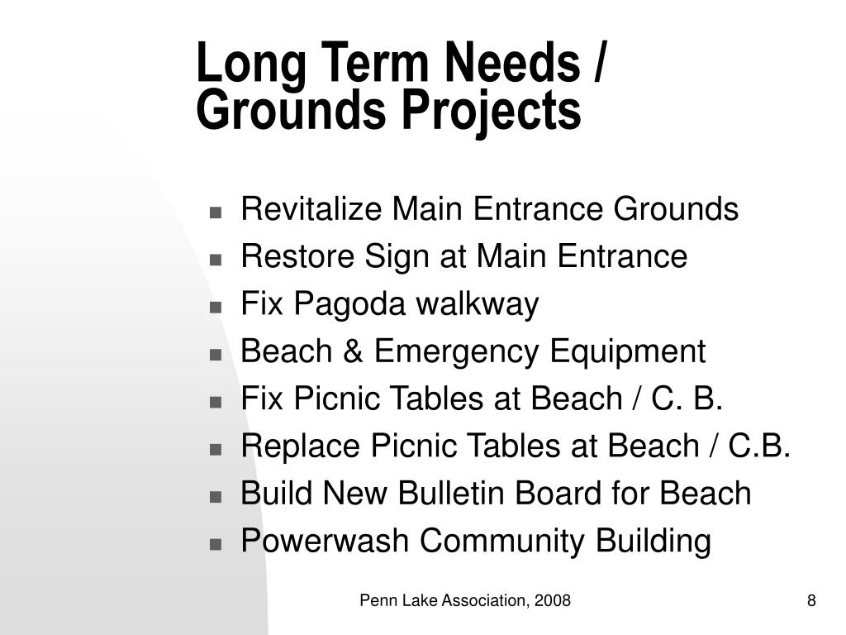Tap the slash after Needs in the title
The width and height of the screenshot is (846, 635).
click(x=597, y=64)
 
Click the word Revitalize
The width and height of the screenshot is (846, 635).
click(x=312, y=209)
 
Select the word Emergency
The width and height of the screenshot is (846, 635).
click(x=459, y=352)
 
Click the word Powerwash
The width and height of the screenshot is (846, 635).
click(x=326, y=542)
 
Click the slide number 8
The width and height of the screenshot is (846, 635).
click(x=811, y=600)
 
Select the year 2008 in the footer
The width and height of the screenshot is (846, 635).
click(x=553, y=600)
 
